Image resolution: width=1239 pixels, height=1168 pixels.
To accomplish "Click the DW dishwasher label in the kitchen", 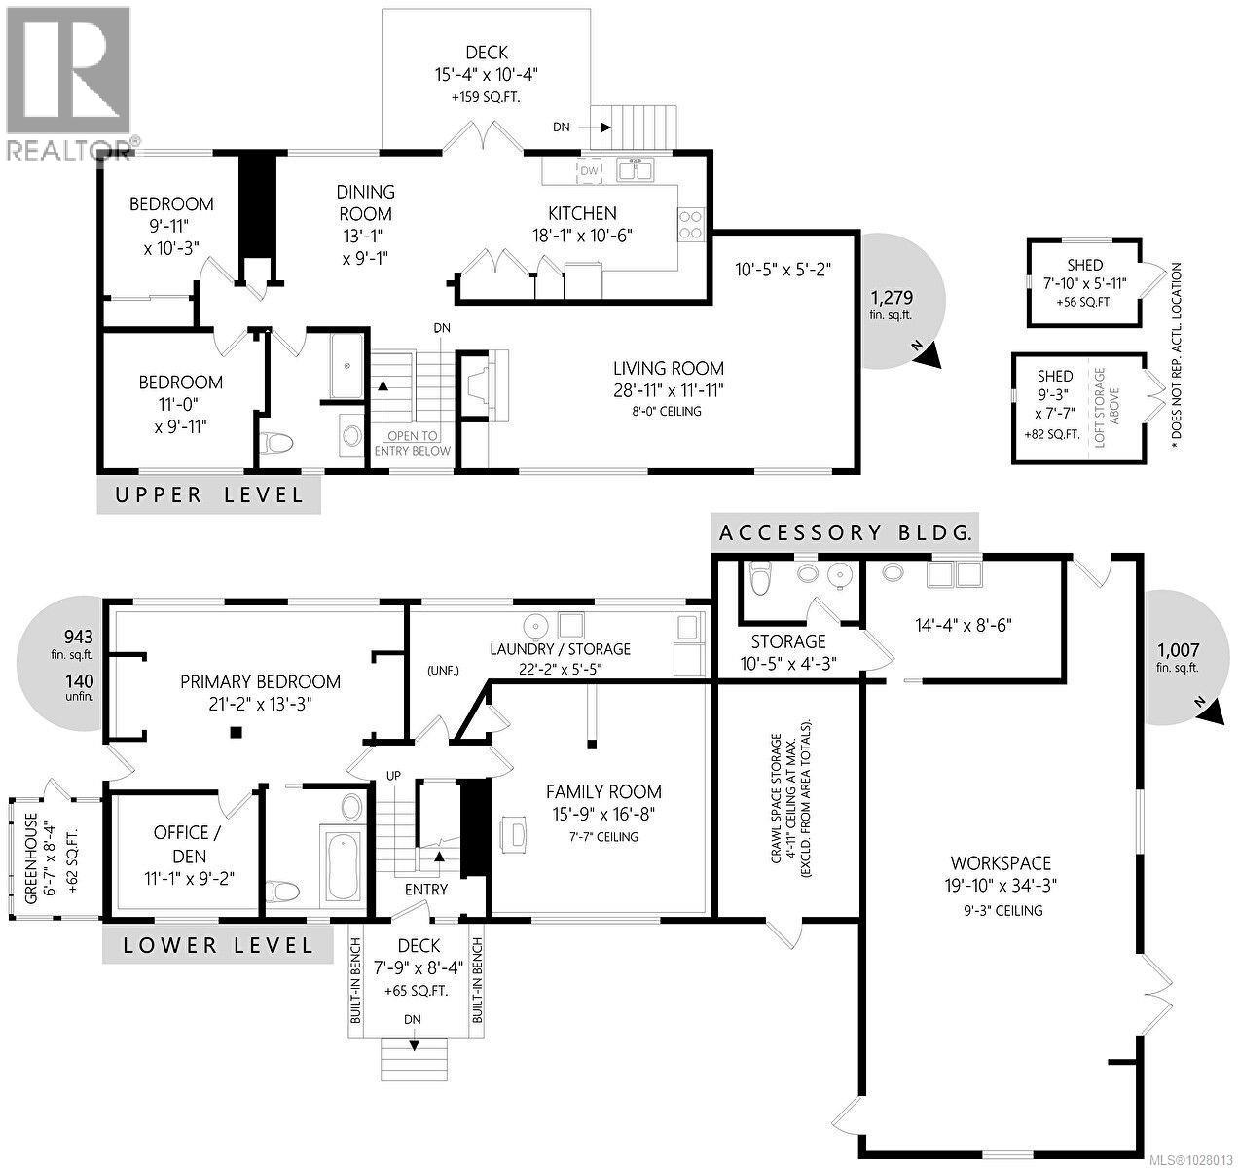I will pyautogui.click(x=589, y=171).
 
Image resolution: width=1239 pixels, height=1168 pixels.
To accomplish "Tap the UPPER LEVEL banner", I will pyautogui.click(x=209, y=494).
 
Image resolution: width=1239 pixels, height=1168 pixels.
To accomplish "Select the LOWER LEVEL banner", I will pyautogui.click(x=217, y=944).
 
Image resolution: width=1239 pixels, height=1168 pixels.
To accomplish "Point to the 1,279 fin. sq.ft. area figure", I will pyautogui.click(x=892, y=305).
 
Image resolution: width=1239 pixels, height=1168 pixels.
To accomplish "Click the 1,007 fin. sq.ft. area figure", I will pyautogui.click(x=1178, y=657).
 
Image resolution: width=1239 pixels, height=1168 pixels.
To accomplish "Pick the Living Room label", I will pyautogui.click(x=668, y=379).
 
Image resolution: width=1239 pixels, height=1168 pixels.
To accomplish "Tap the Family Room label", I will pyautogui.click(x=603, y=803).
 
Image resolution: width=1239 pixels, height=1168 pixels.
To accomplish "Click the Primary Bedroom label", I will pyautogui.click(x=260, y=692).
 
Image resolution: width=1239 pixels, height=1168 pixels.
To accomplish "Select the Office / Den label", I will pyautogui.click(x=181, y=844).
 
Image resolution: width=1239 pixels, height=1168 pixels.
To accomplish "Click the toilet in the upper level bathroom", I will pyautogui.click(x=278, y=445).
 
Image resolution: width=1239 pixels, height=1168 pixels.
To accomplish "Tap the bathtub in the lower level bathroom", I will pyautogui.click(x=344, y=865).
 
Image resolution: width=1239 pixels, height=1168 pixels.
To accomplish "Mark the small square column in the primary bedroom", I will pyautogui.click(x=235, y=733).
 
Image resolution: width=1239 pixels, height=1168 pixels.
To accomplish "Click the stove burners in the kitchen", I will pyautogui.click(x=690, y=225).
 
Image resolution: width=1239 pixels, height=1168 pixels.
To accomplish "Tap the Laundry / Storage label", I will pyautogui.click(x=560, y=659).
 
